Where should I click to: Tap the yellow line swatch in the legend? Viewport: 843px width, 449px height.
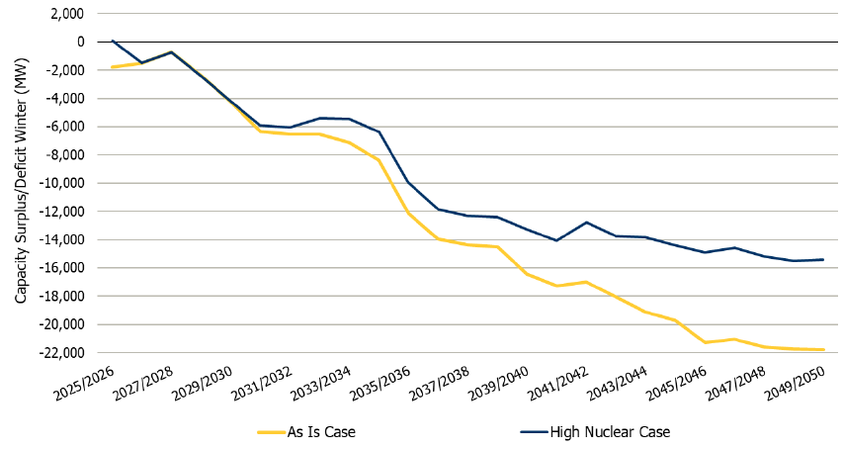click(x=278, y=431)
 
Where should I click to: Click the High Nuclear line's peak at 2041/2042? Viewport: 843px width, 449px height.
click(x=587, y=223)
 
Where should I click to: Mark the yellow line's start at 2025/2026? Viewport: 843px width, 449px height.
click(x=113, y=67)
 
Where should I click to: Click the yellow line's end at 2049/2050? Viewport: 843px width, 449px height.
click(x=824, y=349)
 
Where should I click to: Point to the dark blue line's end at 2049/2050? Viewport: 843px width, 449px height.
click(x=824, y=259)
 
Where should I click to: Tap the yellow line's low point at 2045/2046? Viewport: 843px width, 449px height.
click(x=706, y=342)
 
